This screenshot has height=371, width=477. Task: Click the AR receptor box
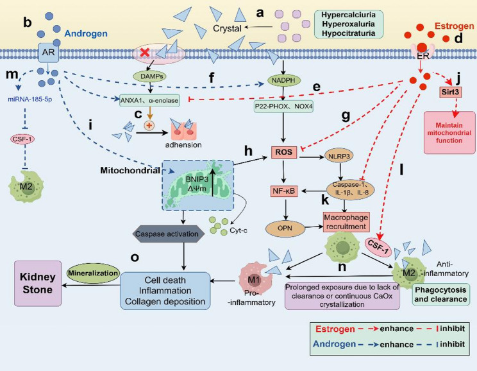click(x=48, y=53)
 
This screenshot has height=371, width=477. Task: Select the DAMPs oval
click(x=151, y=76)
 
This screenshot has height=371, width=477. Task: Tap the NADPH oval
click(x=284, y=80)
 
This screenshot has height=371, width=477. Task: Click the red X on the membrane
click(x=145, y=53)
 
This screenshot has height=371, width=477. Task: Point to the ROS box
click(x=284, y=152)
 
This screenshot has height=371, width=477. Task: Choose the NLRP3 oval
click(x=339, y=156)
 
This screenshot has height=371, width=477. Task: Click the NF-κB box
click(x=284, y=191)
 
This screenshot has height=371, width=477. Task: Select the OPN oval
click(x=285, y=228)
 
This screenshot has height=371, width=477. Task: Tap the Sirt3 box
click(x=450, y=92)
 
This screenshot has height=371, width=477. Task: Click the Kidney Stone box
click(x=38, y=283)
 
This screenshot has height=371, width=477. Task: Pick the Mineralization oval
click(x=93, y=273)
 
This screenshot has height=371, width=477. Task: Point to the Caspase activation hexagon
click(x=167, y=234)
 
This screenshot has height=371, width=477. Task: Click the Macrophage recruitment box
click(x=346, y=222)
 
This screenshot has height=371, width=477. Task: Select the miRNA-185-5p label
click(x=29, y=99)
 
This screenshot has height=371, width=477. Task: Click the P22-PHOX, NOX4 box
click(x=283, y=107)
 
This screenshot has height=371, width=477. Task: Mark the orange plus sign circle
click(x=149, y=125)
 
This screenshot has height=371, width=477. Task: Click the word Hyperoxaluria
click(x=348, y=24)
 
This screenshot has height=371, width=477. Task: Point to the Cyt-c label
click(x=238, y=230)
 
